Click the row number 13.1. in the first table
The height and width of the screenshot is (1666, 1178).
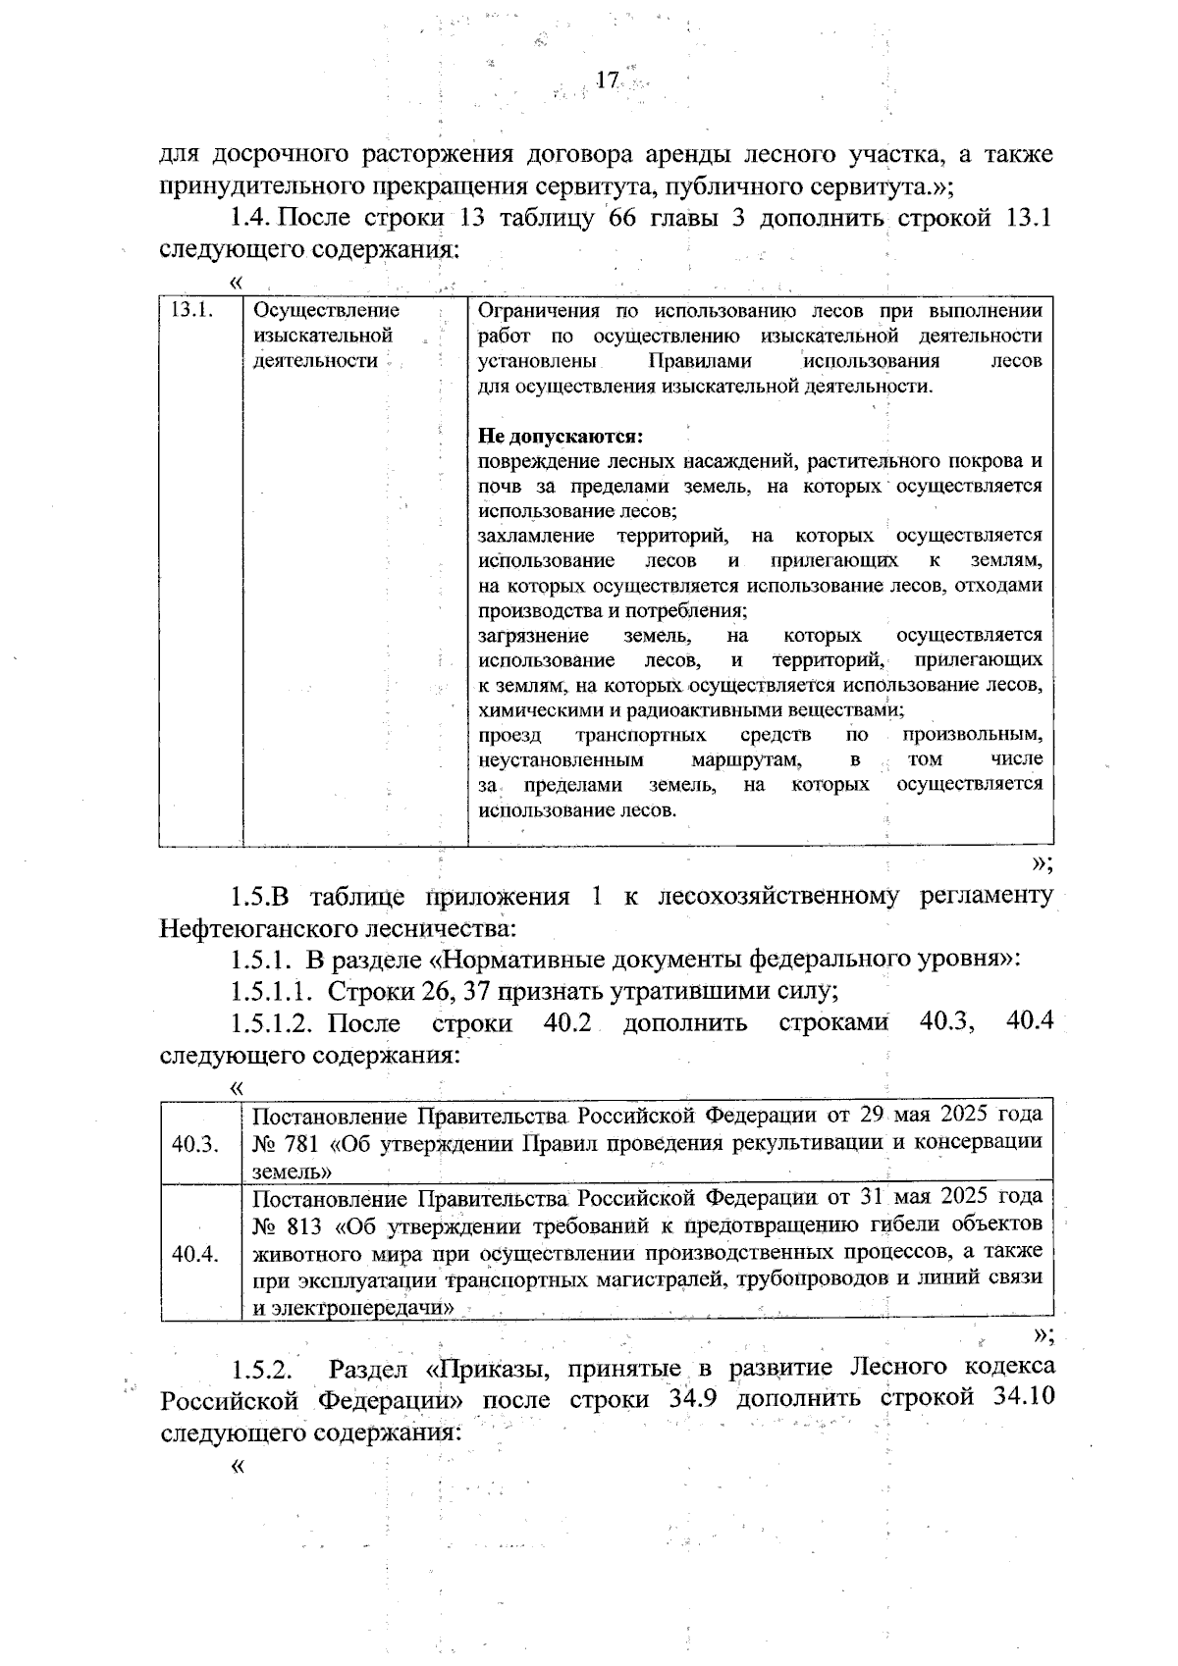click(x=191, y=311)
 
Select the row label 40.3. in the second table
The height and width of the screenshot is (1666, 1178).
click(x=194, y=1144)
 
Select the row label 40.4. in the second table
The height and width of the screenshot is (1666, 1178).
click(x=194, y=1254)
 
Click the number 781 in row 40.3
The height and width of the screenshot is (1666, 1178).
click(x=301, y=1142)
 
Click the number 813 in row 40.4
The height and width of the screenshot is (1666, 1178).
click(x=301, y=1224)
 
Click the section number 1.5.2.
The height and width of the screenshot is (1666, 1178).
click(x=262, y=1368)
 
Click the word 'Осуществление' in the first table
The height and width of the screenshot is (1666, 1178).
click(x=326, y=311)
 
